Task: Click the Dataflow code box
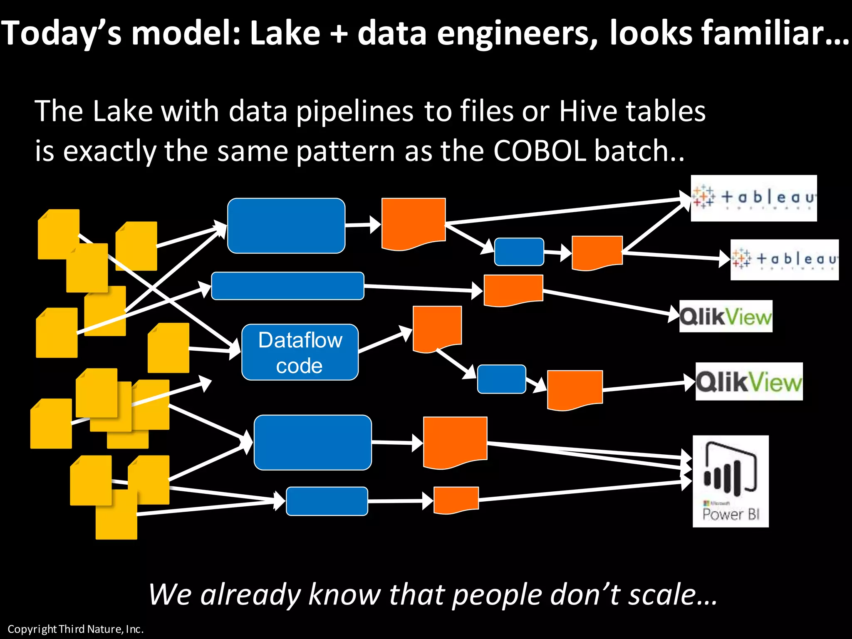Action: tap(300, 352)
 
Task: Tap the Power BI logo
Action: tap(731, 481)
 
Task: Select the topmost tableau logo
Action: tap(753, 198)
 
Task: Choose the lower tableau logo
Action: tap(784, 260)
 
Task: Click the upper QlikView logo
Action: tap(726, 316)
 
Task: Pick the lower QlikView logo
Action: tap(749, 381)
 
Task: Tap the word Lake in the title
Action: tap(285, 33)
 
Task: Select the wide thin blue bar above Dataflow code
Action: tap(287, 286)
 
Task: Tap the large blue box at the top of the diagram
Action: tap(286, 225)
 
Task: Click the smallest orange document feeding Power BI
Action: tap(456, 499)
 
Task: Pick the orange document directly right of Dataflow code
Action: tap(437, 327)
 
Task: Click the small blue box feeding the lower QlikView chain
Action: tap(501, 379)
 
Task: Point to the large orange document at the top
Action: tap(414, 223)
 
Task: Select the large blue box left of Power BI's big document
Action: tap(312, 442)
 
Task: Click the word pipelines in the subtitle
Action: tap(355, 111)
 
